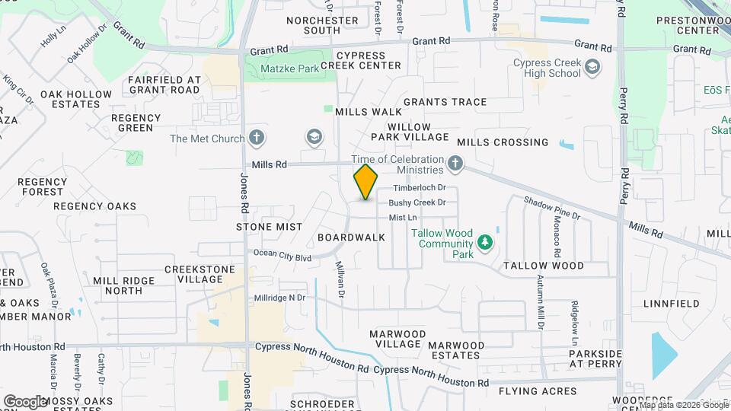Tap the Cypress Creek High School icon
pyautogui.click(x=592, y=68)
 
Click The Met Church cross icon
pyautogui.click(x=257, y=139)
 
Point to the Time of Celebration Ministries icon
pyautogui.click(x=455, y=163)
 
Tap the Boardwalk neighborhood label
pyautogui.click(x=351, y=237)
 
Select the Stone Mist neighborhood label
pyautogui.click(x=269, y=227)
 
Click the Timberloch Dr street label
pyautogui.click(x=418, y=188)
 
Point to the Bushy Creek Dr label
pyautogui.click(x=417, y=202)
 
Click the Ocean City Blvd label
pyautogui.click(x=283, y=256)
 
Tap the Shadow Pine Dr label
pyautogui.click(x=551, y=208)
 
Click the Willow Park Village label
pyautogui.click(x=409, y=132)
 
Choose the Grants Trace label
pyautogui.click(x=445, y=102)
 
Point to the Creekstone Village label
pyautogui.click(x=193, y=275)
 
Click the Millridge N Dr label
pyautogui.click(x=279, y=298)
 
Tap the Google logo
pyautogui.click(x=24, y=401)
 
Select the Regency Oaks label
pyautogui.click(x=94, y=206)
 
